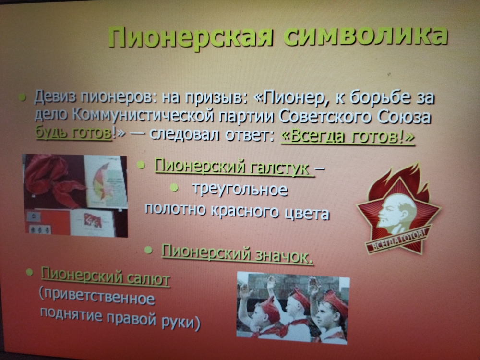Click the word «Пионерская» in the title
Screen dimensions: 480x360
(190, 37)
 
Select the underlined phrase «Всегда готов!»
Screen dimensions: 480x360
(348, 137)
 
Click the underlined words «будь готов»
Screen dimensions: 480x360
(74, 133)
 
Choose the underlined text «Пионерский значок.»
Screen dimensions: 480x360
(237, 254)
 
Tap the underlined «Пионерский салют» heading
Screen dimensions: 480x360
(106, 277)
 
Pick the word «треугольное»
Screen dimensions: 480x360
(240, 189)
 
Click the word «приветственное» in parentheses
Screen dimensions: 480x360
(97, 297)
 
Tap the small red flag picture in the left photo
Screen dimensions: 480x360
(93, 220)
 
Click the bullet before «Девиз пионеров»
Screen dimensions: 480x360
(23, 97)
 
